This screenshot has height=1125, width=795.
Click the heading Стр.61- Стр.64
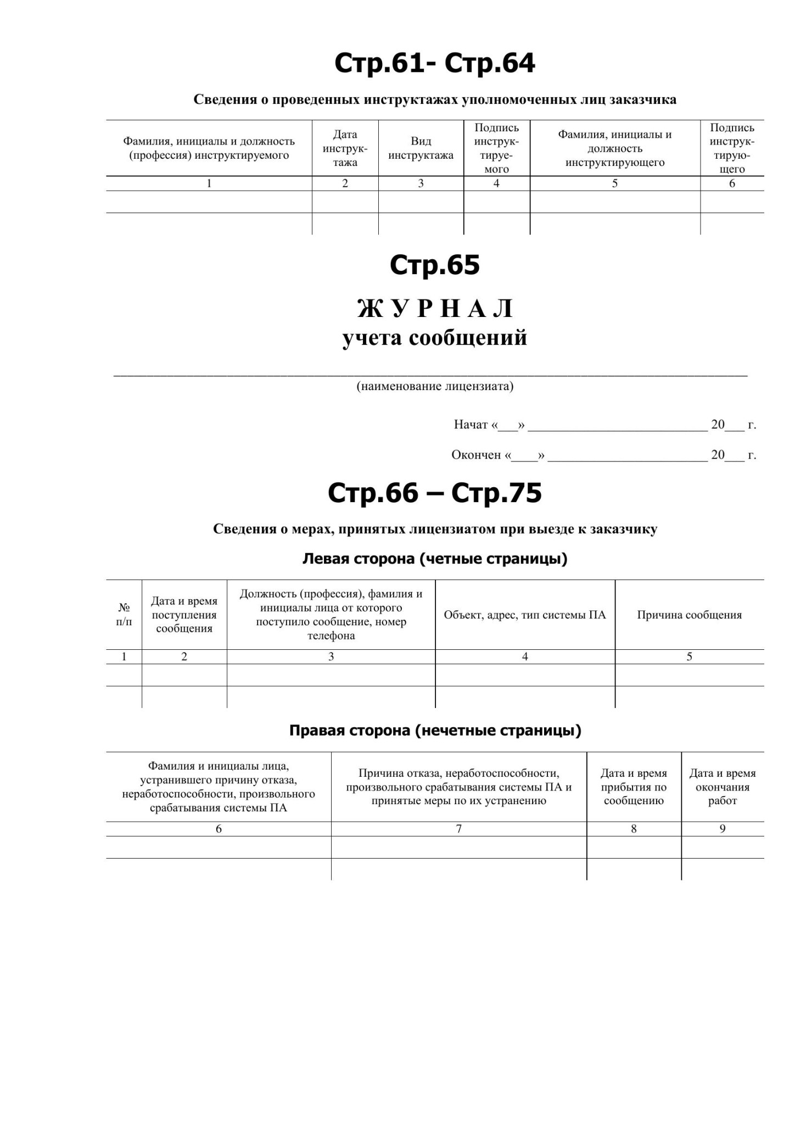pos(434,63)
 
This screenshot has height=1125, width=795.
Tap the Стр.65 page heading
pos(434,265)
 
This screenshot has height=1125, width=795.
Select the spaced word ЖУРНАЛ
pos(434,309)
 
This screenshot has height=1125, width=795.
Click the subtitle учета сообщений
pos(434,337)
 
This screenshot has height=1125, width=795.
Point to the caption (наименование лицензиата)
pos(434,386)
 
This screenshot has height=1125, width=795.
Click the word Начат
pos(471,425)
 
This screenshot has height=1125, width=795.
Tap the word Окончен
pos(476,455)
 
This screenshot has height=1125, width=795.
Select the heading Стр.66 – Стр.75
pos(434,493)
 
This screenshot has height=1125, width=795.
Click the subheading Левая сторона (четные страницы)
pos(434,559)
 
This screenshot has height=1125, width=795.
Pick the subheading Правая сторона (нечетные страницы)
pos(434,731)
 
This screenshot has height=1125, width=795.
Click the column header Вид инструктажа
pos(421,148)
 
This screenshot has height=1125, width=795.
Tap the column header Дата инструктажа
pos(345,148)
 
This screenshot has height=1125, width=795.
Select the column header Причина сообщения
pos(689,615)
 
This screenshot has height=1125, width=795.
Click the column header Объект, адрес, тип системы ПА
pos(524,615)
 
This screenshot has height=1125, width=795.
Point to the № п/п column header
pos(124,615)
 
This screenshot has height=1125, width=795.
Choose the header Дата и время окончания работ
pos(722,787)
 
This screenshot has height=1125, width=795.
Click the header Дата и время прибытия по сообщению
pos(634,787)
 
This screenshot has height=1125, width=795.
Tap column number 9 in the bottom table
pos(723,829)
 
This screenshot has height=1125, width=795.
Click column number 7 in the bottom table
pos(458,829)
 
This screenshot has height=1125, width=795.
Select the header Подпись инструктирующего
pos(732,148)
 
